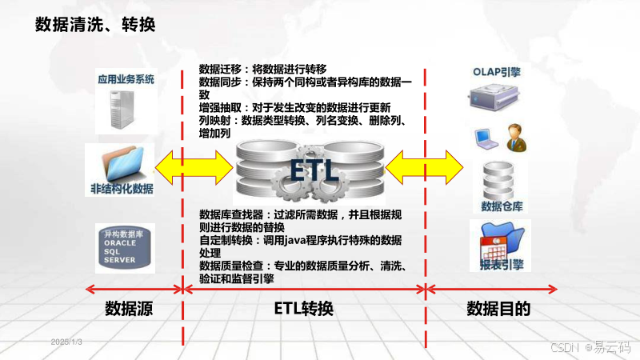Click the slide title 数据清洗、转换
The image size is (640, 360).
(x=95, y=25)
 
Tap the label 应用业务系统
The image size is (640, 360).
(x=126, y=80)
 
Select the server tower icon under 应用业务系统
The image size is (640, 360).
(x=124, y=110)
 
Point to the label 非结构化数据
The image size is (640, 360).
(x=122, y=190)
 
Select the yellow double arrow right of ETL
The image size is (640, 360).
(x=425, y=168)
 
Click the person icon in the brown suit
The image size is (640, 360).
(x=514, y=136)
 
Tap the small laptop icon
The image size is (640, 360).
(x=486, y=138)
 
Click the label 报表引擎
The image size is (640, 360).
(x=502, y=266)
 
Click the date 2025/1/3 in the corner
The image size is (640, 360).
(x=67, y=342)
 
